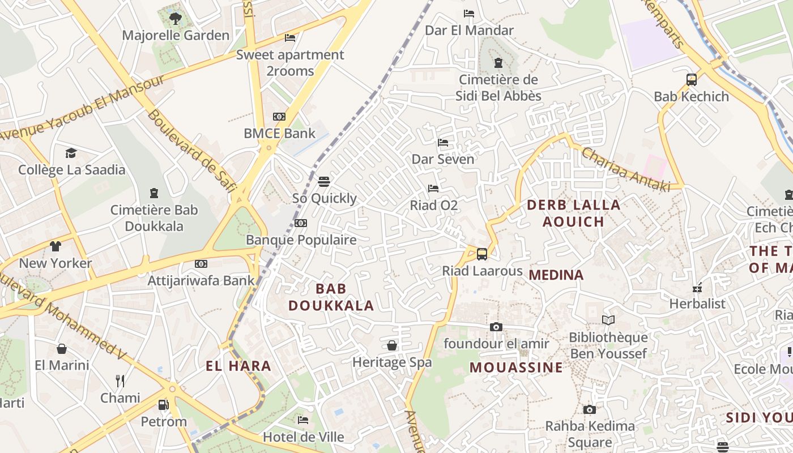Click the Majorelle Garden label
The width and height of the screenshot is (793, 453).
click(x=176, y=35)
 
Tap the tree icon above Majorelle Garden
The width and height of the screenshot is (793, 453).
click(x=176, y=19)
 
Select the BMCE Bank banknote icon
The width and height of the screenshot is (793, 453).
click(x=279, y=117)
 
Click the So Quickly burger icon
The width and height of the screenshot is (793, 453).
click(x=324, y=182)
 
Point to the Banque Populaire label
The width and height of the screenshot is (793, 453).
click(x=301, y=240)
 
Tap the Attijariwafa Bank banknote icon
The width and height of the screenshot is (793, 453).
click(x=201, y=264)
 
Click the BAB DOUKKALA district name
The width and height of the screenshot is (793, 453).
click(x=331, y=297)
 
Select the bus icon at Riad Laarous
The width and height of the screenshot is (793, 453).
click(x=482, y=254)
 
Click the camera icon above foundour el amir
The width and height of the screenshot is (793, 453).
click(x=496, y=327)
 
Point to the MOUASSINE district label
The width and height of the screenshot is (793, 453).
click(x=516, y=367)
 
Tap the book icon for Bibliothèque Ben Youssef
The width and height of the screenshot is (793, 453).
click(x=608, y=320)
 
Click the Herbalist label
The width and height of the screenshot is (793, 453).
click(x=697, y=304)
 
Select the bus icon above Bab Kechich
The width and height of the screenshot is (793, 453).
click(x=692, y=80)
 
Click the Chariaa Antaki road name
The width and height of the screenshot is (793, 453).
click(x=625, y=169)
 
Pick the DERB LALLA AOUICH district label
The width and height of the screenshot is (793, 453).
click(x=573, y=213)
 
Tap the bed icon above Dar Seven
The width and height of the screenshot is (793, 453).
click(x=443, y=143)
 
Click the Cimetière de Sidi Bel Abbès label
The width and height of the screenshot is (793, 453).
click(x=498, y=88)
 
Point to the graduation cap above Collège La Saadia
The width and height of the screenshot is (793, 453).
click(x=71, y=153)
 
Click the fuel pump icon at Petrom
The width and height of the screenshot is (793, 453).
click(x=163, y=405)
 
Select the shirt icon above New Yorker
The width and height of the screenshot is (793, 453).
click(x=55, y=246)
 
